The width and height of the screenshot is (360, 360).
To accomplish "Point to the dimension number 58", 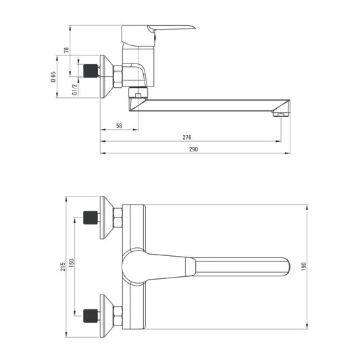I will click(119, 126).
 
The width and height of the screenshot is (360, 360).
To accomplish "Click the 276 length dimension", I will click(186, 137).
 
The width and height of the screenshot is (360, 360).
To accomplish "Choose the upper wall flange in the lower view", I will click(105, 217).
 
